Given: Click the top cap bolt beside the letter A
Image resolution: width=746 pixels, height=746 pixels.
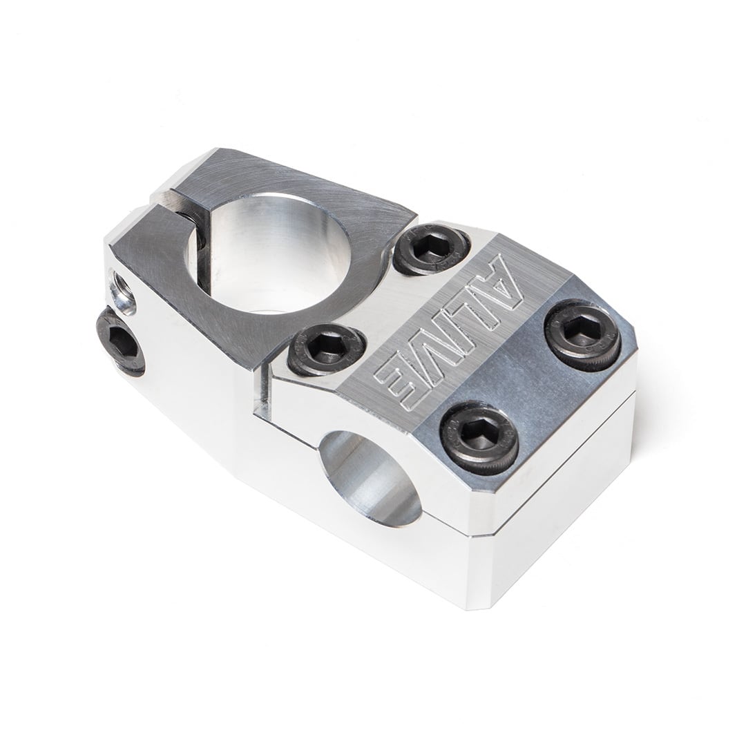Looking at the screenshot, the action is [x=431, y=250].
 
